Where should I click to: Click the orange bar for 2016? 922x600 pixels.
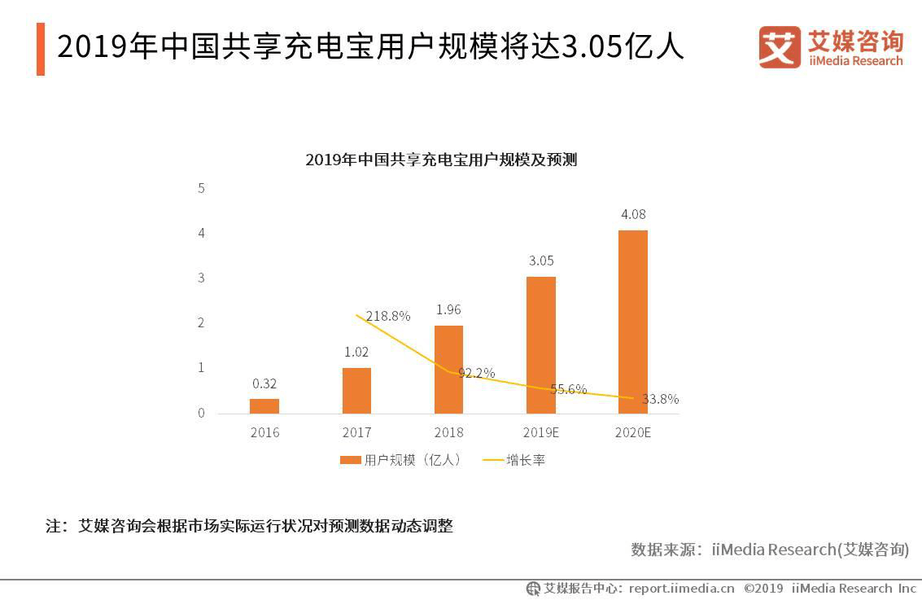click(x=264, y=405)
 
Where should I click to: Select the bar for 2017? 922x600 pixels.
click(x=356, y=391)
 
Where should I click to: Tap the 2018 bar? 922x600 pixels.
click(x=448, y=370)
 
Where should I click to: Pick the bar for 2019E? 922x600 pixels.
click(x=541, y=345)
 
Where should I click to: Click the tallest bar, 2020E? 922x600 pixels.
click(x=633, y=322)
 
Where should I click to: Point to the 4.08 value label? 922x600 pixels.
click(x=633, y=215)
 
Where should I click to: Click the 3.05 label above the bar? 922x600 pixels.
click(x=541, y=261)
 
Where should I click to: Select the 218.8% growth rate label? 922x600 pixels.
click(x=388, y=316)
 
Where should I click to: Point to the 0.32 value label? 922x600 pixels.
click(x=264, y=383)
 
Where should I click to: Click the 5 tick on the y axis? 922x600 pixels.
click(x=201, y=188)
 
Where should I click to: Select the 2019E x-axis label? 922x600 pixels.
click(x=541, y=432)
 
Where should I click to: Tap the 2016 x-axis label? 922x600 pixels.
click(x=264, y=432)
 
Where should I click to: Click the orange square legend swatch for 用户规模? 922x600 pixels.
click(x=350, y=460)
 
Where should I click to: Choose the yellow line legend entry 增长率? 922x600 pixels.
click(x=513, y=460)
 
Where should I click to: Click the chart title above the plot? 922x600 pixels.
click(x=441, y=160)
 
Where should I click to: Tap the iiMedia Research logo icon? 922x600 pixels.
click(x=780, y=47)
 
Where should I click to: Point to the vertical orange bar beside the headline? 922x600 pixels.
click(x=41, y=49)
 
